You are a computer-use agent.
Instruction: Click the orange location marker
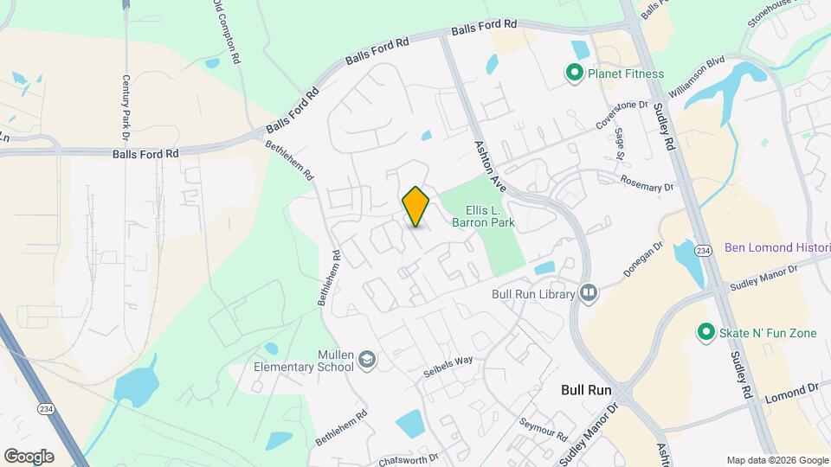(415, 206)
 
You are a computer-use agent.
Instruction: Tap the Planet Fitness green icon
(573, 74)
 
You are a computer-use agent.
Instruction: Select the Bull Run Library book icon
(589, 294)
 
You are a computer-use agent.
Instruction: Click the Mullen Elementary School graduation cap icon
(367, 359)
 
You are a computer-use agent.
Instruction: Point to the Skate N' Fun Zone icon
(705, 332)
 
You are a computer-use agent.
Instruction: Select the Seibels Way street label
(448, 367)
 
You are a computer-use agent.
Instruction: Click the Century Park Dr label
(125, 107)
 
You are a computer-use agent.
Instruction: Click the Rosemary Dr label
(647, 182)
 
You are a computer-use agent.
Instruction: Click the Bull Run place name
(586, 390)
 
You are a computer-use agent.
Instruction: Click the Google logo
(28, 456)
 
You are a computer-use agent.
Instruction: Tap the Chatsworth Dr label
(409, 457)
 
